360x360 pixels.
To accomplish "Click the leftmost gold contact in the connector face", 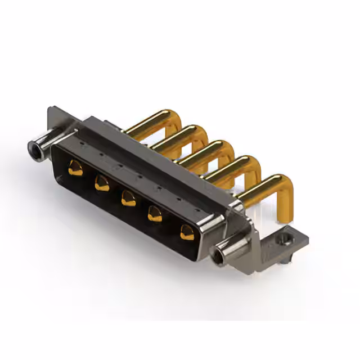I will pos(75,168).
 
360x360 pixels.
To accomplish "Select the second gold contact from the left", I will pos(102,183).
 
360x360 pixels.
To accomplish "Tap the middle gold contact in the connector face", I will pos(128,199).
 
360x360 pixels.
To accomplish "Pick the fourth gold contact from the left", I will pos(155,214).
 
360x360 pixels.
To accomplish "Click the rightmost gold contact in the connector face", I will pos(186,232).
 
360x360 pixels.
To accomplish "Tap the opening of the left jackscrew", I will pos(34,148).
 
